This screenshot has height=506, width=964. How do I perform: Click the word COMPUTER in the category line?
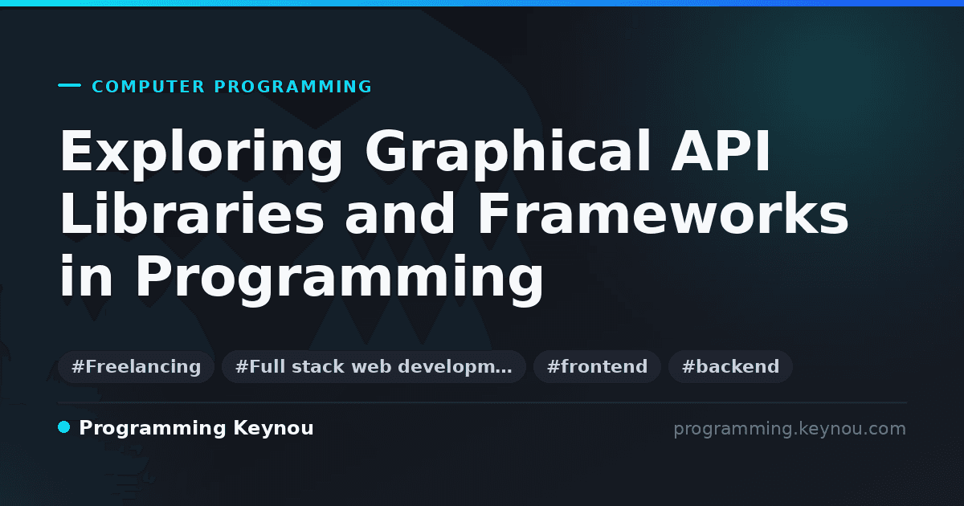coord(149,87)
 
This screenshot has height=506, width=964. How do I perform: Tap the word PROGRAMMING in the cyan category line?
coord(293,87)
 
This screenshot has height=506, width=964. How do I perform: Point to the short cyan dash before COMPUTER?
coord(69,85)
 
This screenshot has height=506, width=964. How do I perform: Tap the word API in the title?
coord(721,152)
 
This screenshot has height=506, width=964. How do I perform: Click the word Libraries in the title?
coord(191,214)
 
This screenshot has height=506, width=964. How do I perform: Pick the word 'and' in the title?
coord(399,214)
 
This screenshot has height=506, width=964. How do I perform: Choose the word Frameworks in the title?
coord(663,214)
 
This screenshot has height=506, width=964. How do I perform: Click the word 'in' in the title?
coord(86,275)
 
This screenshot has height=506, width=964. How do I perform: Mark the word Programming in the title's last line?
coord(340,279)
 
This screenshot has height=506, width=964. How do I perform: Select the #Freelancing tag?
coord(136,366)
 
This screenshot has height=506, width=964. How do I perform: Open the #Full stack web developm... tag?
coord(374,366)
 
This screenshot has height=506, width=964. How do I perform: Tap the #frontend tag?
coord(597,366)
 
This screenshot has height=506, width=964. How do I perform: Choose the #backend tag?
coord(730,366)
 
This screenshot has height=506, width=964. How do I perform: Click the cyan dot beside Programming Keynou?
coord(63,427)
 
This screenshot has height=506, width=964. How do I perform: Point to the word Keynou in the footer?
coord(273,429)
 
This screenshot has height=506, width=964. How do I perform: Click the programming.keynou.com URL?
coord(790,430)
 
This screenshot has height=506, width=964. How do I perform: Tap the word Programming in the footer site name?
coord(153,429)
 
